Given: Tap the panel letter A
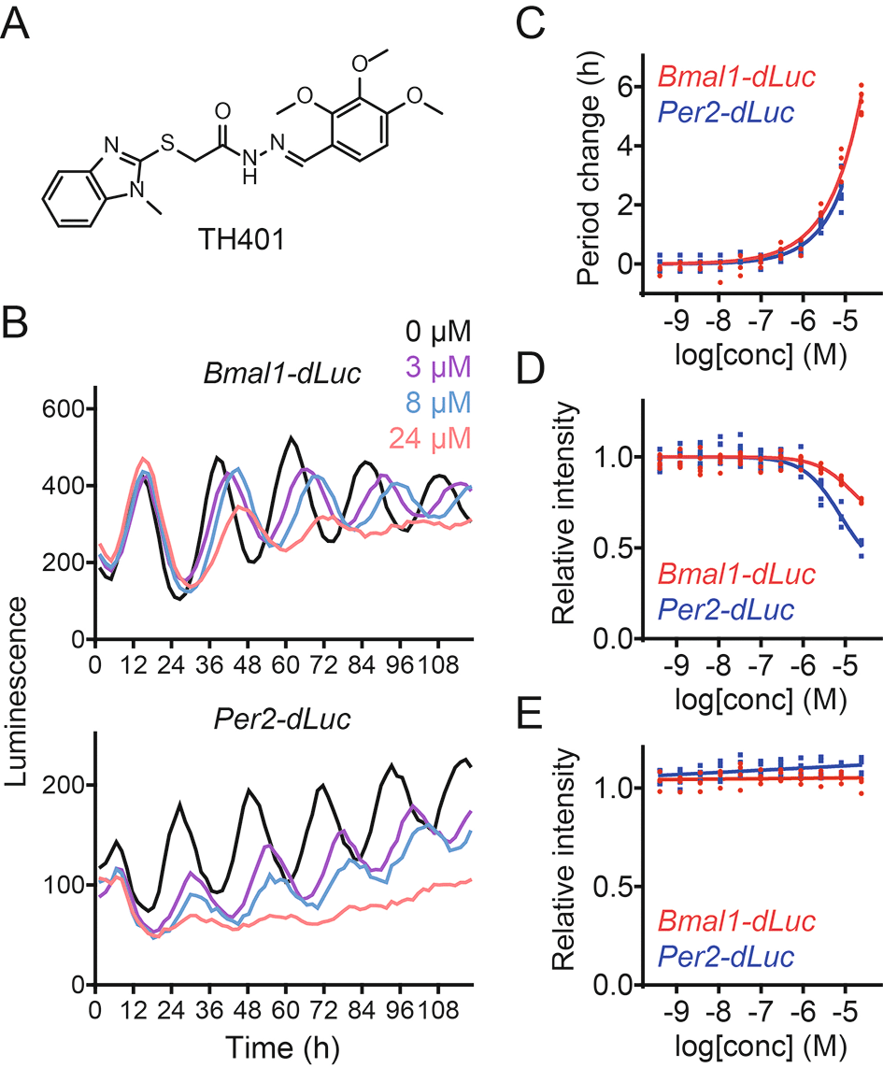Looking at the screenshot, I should (22, 24).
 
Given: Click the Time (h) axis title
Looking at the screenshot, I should (266, 1046).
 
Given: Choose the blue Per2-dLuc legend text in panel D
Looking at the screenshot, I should (725, 610).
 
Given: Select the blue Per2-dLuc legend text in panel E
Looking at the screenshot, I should (725, 955).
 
